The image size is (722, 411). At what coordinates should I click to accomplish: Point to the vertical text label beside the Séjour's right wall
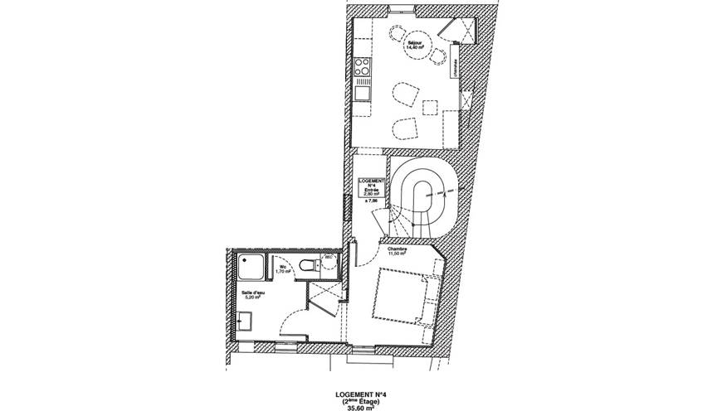tap(457, 65)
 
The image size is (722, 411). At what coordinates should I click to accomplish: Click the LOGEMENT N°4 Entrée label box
tap(370, 186)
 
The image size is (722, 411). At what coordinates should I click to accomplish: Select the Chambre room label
tap(396, 249)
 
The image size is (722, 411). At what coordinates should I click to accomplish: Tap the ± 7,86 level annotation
tap(370, 200)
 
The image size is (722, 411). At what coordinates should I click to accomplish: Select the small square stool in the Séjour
tap(429, 107)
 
